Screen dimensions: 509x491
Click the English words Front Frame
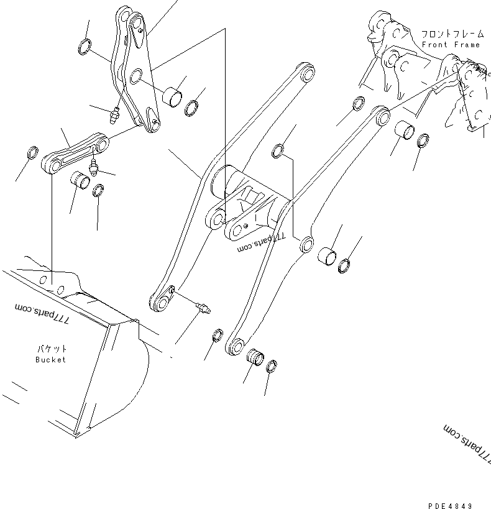(x=451, y=45)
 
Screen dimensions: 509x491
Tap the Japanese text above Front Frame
(x=451, y=34)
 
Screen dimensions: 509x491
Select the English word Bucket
(x=50, y=360)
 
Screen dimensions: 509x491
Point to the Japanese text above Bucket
(x=50, y=349)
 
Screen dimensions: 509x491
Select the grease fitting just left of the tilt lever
(x=114, y=115)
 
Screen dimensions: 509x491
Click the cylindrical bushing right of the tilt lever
(x=172, y=96)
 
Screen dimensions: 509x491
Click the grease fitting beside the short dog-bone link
(x=94, y=166)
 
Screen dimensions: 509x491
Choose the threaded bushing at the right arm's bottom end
(x=255, y=357)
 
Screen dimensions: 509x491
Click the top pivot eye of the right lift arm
(x=380, y=116)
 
